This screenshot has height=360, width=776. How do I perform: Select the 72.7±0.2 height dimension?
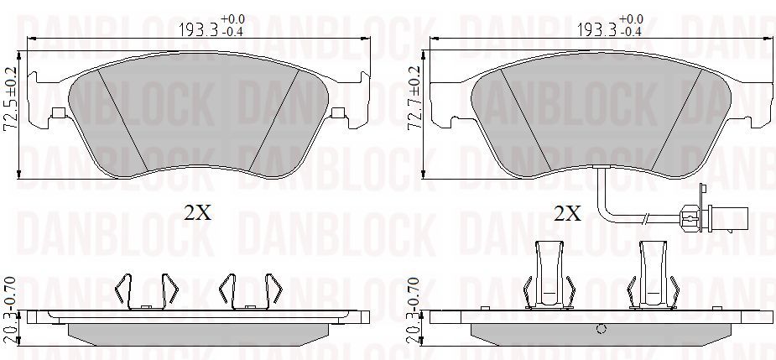[414, 98]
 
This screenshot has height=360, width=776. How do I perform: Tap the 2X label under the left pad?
[198, 213]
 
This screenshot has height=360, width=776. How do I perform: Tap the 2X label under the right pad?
[567, 213]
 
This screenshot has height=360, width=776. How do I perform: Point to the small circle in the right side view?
[602, 329]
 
